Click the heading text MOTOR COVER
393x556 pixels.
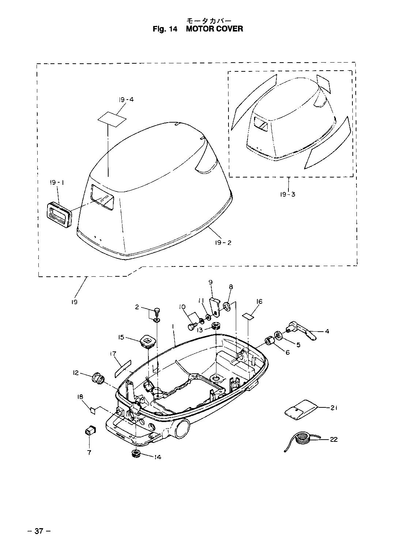pyautogui.click(x=214, y=29)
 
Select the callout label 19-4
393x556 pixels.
pyautogui.click(x=126, y=99)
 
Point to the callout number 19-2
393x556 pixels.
pyautogui.click(x=223, y=242)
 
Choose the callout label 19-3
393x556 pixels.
pyautogui.click(x=288, y=194)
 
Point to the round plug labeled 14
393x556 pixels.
pyautogui.click(x=136, y=454)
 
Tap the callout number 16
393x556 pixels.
pyautogui.click(x=259, y=302)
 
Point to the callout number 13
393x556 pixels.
pyautogui.click(x=200, y=329)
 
